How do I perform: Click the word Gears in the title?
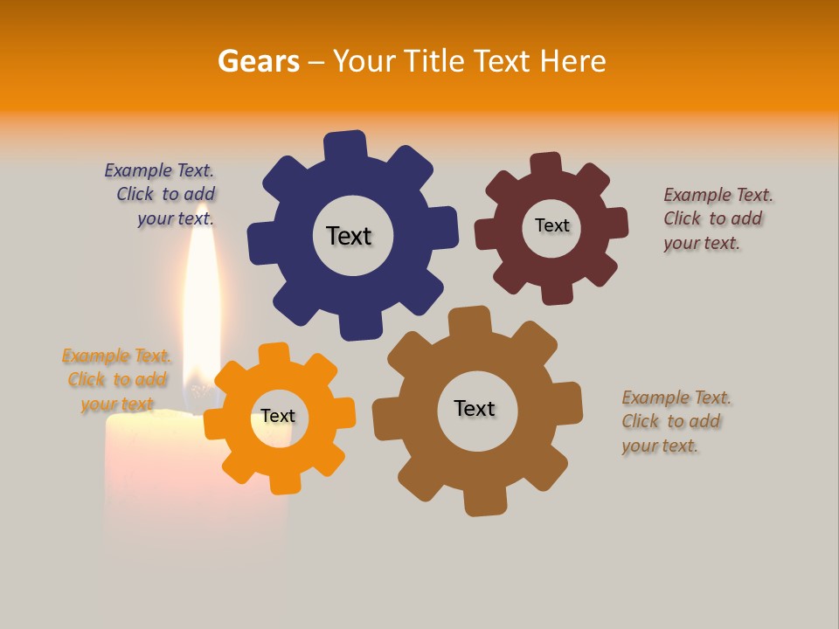coord(258,61)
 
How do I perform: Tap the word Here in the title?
coord(572,61)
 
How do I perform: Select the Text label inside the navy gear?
coord(349,236)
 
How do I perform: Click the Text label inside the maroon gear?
coord(551,225)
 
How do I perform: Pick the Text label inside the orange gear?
coord(278,416)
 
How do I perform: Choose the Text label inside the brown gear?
coord(475,408)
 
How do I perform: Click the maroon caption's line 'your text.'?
coord(701,243)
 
